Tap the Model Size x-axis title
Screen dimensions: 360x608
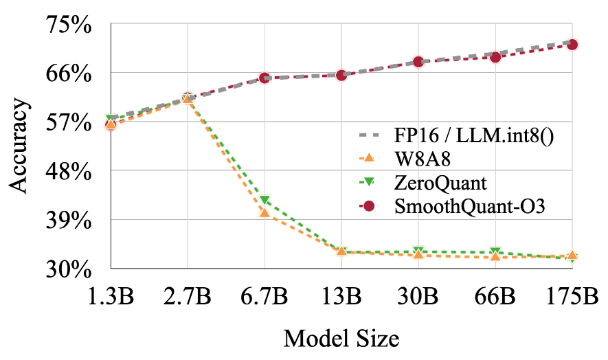pyautogui.click(x=341, y=338)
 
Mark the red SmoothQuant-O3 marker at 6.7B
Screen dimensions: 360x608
pyautogui.click(x=264, y=78)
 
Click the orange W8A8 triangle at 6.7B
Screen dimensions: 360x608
pyautogui.click(x=264, y=213)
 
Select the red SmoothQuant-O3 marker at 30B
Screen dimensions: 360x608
pyautogui.click(x=418, y=63)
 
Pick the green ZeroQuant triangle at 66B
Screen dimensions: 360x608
pyautogui.click(x=495, y=252)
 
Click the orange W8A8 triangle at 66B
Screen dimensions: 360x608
pyautogui.click(x=495, y=256)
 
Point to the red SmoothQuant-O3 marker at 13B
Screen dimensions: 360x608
pyautogui.click(x=341, y=75)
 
